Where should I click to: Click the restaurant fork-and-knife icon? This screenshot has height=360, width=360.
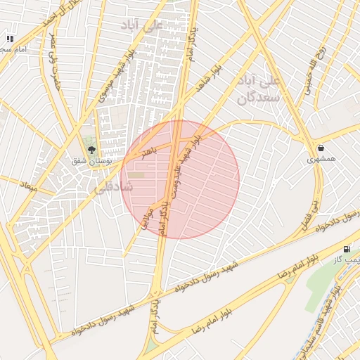(9, 39)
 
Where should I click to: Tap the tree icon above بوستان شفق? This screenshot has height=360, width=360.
(91, 148)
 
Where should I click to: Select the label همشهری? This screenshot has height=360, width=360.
(321, 160)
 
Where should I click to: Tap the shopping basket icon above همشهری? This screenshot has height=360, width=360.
(321, 148)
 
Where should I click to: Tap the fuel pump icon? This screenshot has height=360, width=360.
(346, 249)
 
